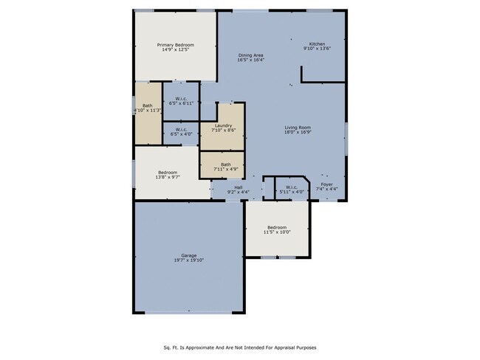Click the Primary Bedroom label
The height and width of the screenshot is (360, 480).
pyautogui.click(x=174, y=45)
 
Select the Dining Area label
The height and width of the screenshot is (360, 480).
pyautogui.click(x=251, y=55)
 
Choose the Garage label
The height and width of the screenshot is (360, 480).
pyautogui.click(x=178, y=255)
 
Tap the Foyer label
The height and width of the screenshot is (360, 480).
pyautogui.click(x=326, y=184)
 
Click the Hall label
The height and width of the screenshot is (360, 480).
pyautogui.click(x=238, y=187)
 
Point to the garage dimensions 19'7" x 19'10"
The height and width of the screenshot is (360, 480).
pyautogui.click(x=178, y=260)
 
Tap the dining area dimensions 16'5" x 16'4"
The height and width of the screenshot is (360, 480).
pyautogui.click(x=251, y=60)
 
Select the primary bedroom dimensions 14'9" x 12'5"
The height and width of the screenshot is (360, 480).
pyautogui.click(x=174, y=50)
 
